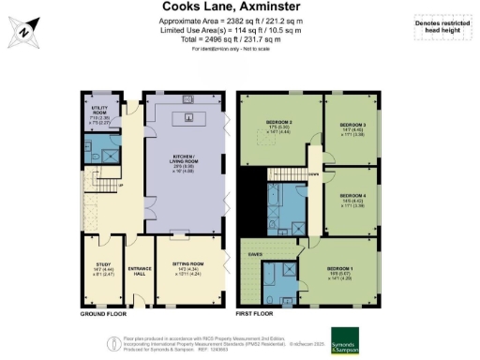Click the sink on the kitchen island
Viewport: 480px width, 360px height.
(x=188, y=117)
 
